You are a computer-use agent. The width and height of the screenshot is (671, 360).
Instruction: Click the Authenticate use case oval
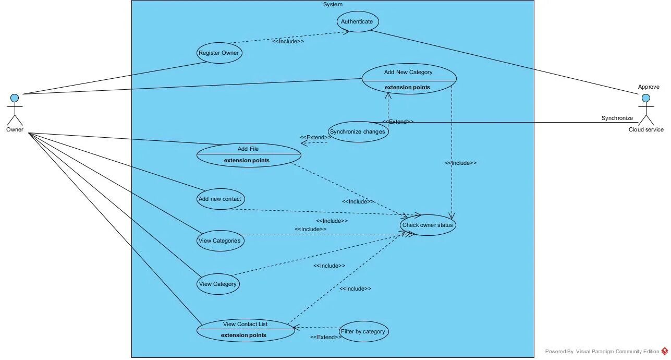click(357, 22)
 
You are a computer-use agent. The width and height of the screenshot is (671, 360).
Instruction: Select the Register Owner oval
click(219, 53)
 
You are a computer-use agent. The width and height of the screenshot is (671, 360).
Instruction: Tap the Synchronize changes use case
click(358, 132)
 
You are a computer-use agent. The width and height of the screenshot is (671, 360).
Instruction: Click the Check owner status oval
click(428, 225)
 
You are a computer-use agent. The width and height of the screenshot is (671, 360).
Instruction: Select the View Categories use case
click(220, 241)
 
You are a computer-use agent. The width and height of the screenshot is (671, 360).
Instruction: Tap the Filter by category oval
click(363, 332)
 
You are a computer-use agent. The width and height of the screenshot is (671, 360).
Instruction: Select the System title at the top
click(333, 4)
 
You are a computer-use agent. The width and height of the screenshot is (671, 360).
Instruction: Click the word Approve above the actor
click(649, 87)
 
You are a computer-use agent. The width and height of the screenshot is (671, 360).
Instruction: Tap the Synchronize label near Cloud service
click(617, 118)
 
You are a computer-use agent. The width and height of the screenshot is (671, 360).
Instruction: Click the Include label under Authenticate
click(288, 41)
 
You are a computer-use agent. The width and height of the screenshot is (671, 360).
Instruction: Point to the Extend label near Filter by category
click(326, 338)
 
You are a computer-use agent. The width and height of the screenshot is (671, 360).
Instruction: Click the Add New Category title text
click(408, 73)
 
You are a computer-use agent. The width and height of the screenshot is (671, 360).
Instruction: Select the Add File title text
click(248, 149)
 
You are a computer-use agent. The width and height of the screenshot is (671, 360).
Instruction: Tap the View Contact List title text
click(245, 324)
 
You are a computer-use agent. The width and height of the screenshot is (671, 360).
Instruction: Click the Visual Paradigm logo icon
click(665, 352)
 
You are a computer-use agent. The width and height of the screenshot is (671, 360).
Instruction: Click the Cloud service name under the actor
click(646, 130)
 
